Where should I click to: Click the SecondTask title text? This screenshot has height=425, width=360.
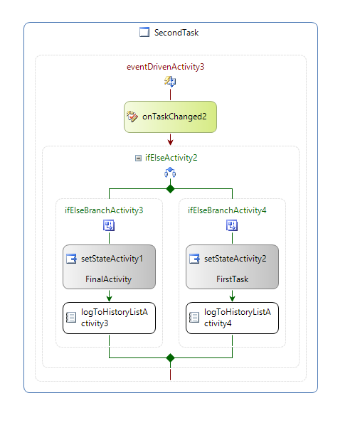point(176,33)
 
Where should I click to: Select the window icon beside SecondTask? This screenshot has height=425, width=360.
point(144,32)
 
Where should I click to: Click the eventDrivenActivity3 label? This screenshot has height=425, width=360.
point(166,67)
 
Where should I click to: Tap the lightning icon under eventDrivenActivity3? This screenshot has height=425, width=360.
point(170,81)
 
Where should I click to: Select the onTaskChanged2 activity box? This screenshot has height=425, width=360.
point(170,117)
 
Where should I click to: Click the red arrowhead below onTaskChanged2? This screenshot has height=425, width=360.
point(170,142)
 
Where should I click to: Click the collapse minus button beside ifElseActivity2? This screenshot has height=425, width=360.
point(138,158)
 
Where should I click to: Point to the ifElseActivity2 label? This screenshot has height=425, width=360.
point(171,158)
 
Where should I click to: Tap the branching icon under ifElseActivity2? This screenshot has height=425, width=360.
point(170,173)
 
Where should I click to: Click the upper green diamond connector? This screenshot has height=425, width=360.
point(170,188)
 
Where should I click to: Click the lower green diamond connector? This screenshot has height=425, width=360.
point(170,357)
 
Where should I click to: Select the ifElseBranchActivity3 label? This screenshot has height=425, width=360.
point(104,210)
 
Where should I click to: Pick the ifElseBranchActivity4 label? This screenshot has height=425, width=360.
point(227,210)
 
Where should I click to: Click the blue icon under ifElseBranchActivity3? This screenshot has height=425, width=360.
point(109,225)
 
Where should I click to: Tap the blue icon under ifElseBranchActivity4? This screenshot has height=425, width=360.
point(232,225)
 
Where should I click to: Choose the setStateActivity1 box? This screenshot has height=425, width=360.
point(109,267)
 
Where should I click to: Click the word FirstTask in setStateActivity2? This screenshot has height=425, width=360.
point(232,279)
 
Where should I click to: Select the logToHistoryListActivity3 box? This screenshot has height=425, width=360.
point(109,318)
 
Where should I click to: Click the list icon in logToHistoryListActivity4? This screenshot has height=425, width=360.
point(194,318)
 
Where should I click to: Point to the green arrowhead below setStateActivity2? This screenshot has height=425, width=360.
point(232,298)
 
